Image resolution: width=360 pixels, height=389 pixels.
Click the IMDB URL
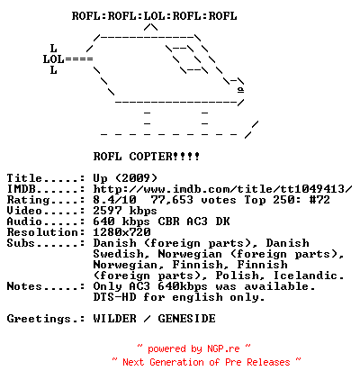pos(222,189)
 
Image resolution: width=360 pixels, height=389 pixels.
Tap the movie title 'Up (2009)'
pos(125,178)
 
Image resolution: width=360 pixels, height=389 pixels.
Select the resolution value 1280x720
pos(121,232)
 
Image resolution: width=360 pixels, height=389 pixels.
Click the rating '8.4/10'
pos(114,200)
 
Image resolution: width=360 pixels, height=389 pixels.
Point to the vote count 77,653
pos(172,200)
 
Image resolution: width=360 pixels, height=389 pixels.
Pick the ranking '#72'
pos(319,200)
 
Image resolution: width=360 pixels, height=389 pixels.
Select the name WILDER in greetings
pos(114,319)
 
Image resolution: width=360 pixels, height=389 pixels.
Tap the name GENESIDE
pos(186,319)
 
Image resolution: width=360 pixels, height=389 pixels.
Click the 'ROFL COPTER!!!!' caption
pos(147,157)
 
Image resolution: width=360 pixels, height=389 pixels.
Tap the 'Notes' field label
pos(24,286)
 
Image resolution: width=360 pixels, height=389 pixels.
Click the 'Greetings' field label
pos(39,319)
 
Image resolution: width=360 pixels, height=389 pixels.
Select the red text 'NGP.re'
pos(223,348)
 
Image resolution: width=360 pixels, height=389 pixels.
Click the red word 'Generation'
pos(176,362)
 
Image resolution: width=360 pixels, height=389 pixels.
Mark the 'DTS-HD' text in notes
pos(114,297)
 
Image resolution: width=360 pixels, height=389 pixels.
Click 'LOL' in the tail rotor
pos(53,59)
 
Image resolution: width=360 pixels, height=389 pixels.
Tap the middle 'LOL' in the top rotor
pos(154,16)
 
